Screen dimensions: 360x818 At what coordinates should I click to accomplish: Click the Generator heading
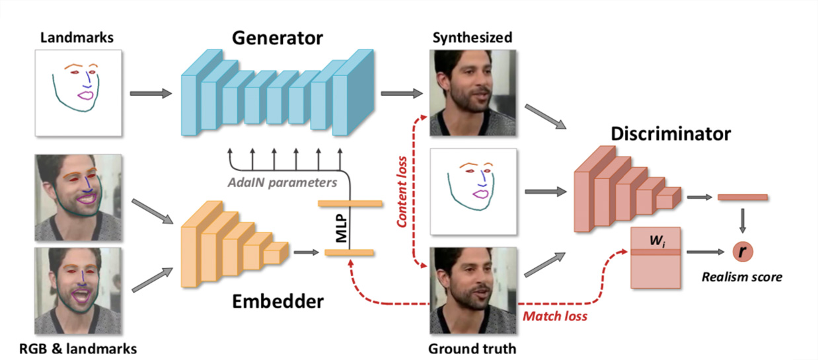[277, 38]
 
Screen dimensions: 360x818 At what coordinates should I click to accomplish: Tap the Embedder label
[278, 302]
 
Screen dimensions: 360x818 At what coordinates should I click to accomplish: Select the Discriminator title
[670, 134]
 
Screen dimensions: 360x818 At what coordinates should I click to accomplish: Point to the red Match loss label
[555, 316]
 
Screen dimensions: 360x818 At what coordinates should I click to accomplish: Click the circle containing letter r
[742, 252]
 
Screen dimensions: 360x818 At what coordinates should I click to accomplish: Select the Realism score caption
[742, 277]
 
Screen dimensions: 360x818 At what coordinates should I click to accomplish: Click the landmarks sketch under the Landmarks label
[78, 92]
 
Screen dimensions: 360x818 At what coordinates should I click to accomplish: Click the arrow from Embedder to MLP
[304, 252]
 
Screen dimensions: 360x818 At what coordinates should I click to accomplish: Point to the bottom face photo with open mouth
[78, 291]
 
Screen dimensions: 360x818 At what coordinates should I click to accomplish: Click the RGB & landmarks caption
[78, 347]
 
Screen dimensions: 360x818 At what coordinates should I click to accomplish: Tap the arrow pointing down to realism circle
[742, 221]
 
